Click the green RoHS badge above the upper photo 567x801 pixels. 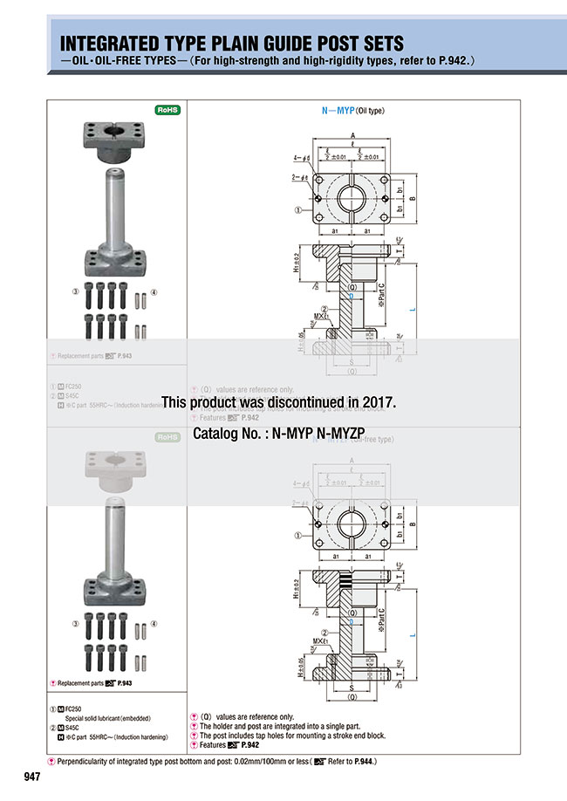tap(167, 110)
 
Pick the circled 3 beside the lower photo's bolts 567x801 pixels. tap(76, 624)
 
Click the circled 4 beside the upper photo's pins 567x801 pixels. tap(154, 291)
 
